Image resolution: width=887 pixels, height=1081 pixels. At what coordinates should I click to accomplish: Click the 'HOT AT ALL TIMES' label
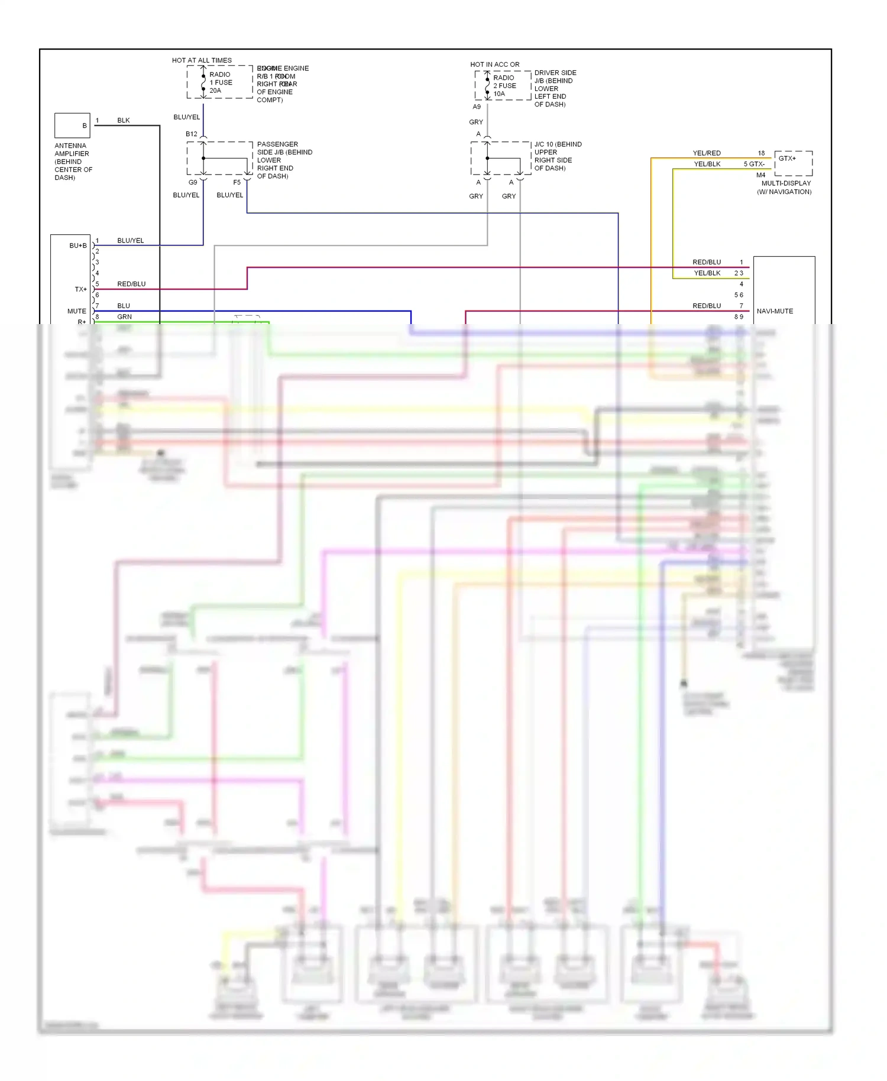click(x=202, y=60)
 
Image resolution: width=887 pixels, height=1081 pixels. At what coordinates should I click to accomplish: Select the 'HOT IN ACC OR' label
click(x=494, y=64)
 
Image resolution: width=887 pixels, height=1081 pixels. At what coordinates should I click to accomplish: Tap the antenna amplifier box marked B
click(x=72, y=125)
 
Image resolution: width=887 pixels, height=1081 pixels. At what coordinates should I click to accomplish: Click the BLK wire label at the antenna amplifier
click(x=123, y=121)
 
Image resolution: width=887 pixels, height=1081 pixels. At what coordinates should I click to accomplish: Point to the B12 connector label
click(x=191, y=134)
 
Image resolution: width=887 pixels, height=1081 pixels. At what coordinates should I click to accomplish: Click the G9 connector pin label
click(x=193, y=183)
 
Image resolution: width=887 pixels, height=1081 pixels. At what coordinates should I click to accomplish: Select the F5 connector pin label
click(x=237, y=183)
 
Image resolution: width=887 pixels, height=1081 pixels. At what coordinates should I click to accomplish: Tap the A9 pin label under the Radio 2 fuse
click(x=477, y=107)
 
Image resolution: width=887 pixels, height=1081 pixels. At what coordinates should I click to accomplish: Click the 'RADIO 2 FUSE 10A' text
click(x=504, y=86)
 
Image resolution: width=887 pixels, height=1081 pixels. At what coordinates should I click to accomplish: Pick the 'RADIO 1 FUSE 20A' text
click(x=221, y=83)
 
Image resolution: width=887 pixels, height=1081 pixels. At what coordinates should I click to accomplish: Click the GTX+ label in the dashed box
click(x=787, y=158)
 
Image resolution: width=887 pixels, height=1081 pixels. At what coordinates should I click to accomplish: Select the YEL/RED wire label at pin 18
click(x=707, y=153)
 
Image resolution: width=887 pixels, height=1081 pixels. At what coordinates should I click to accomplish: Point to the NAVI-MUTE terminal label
click(x=775, y=311)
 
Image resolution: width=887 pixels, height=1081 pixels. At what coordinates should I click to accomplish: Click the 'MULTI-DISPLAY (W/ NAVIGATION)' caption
click(x=785, y=187)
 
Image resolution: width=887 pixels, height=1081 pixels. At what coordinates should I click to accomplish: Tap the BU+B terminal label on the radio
click(x=77, y=245)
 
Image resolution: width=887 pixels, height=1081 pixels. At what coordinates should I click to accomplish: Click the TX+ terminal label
click(x=80, y=289)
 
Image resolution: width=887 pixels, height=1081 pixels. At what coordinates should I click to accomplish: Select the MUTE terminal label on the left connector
click(x=76, y=311)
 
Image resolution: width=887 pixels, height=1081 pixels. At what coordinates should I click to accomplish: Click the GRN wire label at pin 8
click(x=124, y=317)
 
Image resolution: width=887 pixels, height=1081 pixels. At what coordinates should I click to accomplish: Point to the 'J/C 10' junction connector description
click(x=558, y=156)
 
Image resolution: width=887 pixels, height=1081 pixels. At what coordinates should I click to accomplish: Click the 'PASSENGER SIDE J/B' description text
click(x=284, y=160)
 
